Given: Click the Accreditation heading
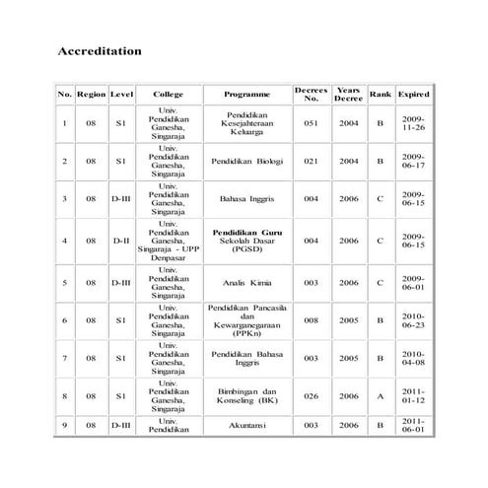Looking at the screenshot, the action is tap(100, 50).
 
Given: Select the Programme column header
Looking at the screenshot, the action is tap(246, 95).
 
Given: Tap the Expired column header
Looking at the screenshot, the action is tap(413, 95).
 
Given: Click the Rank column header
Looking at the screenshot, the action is tap(380, 95).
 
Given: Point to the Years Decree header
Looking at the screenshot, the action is tap(348, 95).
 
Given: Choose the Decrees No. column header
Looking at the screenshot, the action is tap(312, 95).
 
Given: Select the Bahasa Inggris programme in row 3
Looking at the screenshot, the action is tap(246, 198).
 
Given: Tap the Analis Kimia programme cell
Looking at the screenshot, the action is tap(246, 282).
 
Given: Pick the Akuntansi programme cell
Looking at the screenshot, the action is tap(246, 425).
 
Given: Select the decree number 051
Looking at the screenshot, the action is tap(312, 123).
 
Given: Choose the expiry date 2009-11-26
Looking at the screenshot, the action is tap(413, 123).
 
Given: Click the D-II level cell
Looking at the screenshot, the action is tap(121, 240).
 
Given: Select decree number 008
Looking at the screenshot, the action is tap(312, 320).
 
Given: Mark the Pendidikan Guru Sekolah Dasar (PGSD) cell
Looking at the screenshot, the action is tap(246, 240).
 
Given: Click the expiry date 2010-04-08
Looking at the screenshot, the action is tap(413, 358).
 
